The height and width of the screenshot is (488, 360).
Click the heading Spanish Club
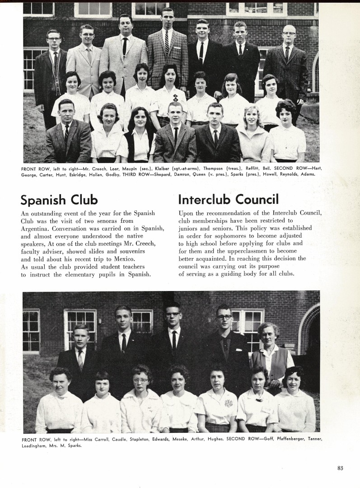pyautogui.click(x=59, y=199)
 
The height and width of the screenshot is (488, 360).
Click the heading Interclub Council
pyautogui.click(x=229, y=199)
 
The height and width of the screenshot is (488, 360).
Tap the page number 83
pyautogui.click(x=340, y=468)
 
